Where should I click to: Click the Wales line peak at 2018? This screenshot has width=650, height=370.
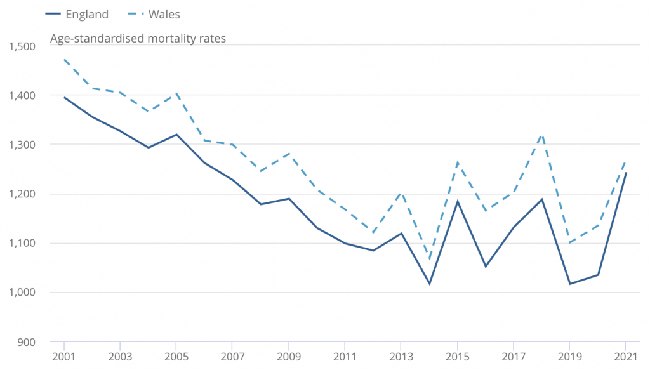pos(541,135)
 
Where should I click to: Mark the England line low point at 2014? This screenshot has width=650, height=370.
pos(429,284)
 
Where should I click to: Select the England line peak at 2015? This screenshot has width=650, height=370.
pos(457,202)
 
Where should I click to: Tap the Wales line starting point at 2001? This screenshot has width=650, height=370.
pos(64,60)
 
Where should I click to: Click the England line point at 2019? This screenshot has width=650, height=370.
pos(569,284)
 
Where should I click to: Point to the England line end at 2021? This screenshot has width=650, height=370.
pos(625,173)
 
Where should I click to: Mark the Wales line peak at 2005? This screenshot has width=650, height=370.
pos(176,93)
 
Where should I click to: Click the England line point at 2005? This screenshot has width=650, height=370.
pos(176,135)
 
